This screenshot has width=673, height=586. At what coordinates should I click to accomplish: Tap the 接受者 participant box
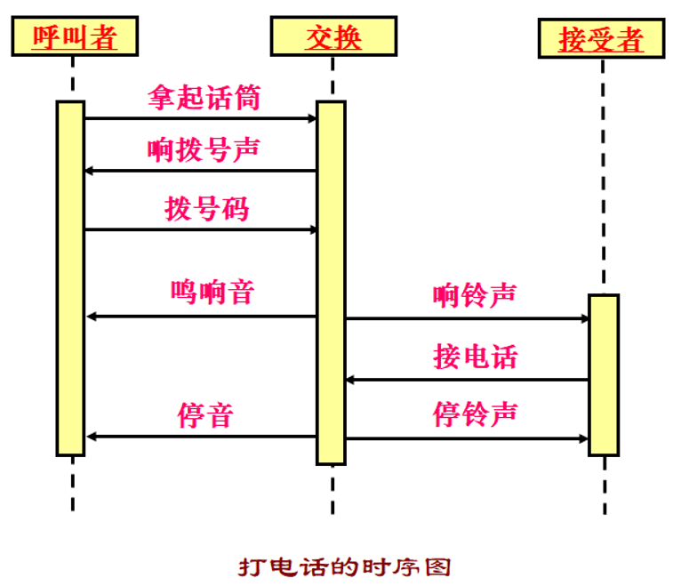pos(601,39)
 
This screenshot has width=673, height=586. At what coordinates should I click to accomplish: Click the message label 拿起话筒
pos(204,97)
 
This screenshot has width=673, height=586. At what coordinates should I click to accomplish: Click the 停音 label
pos(204,415)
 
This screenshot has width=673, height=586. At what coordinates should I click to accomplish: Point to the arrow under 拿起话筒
pos(201,118)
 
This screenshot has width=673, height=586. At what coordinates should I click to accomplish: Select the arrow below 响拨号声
pos(201,171)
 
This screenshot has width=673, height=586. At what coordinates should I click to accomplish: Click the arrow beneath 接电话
pos(467,380)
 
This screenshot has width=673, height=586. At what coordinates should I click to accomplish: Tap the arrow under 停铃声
pos(467,438)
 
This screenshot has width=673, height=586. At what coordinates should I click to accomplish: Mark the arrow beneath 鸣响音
pos(201,317)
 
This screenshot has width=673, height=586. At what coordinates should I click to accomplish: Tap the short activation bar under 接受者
pos(603,374)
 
